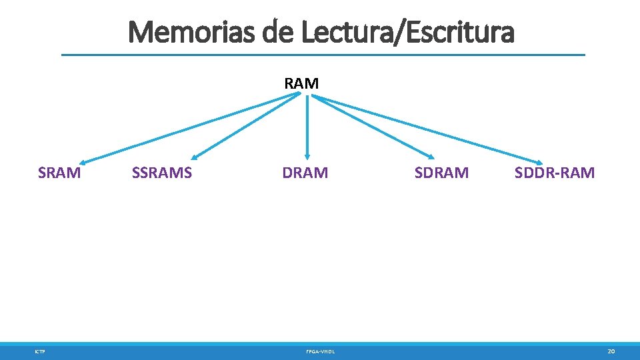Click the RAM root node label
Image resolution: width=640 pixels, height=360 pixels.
[x=301, y=83]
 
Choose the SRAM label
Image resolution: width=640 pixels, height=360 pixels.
[x=60, y=173]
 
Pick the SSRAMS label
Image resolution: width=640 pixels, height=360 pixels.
[x=162, y=173]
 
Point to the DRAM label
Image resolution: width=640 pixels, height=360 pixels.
[x=305, y=173]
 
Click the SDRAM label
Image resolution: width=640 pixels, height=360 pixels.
[x=441, y=173]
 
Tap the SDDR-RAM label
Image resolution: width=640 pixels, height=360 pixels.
[x=555, y=173]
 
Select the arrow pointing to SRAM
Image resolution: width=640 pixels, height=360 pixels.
[x=190, y=129]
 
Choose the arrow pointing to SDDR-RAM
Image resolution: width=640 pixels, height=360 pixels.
[x=427, y=129]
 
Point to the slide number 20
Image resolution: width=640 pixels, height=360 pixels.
[x=611, y=351]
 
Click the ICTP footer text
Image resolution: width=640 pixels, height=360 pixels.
[x=41, y=351]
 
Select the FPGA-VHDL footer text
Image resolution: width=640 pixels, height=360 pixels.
[x=321, y=351]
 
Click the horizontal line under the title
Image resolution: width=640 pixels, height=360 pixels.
[x=323, y=55]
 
